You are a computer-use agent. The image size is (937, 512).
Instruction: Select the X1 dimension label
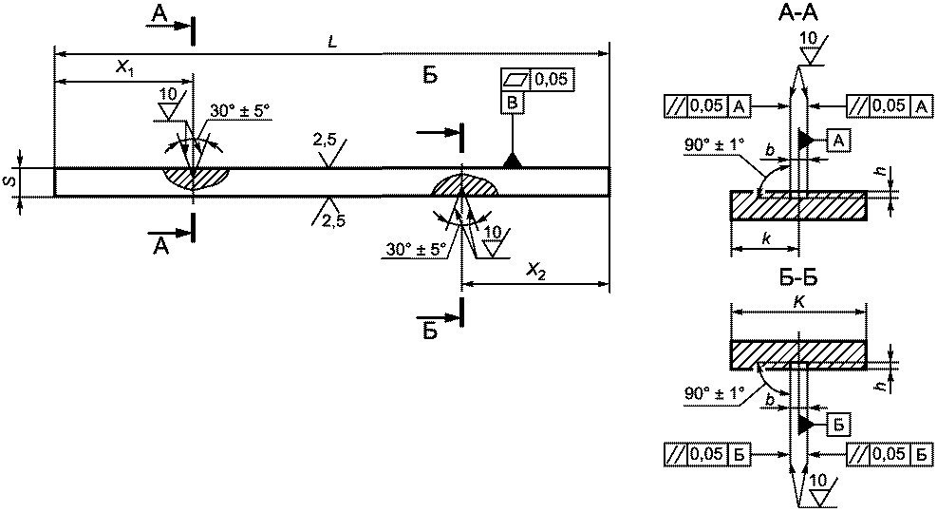click(125, 69)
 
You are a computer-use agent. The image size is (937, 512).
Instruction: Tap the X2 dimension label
click(536, 273)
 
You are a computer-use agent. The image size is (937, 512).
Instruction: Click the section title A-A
click(797, 12)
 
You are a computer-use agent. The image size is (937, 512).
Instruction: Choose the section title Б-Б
click(798, 278)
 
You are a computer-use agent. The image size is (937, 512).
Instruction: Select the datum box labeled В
click(512, 103)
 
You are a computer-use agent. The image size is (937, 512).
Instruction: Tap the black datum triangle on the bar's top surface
click(512, 161)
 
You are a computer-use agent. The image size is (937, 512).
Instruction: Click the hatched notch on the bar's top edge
click(195, 179)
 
